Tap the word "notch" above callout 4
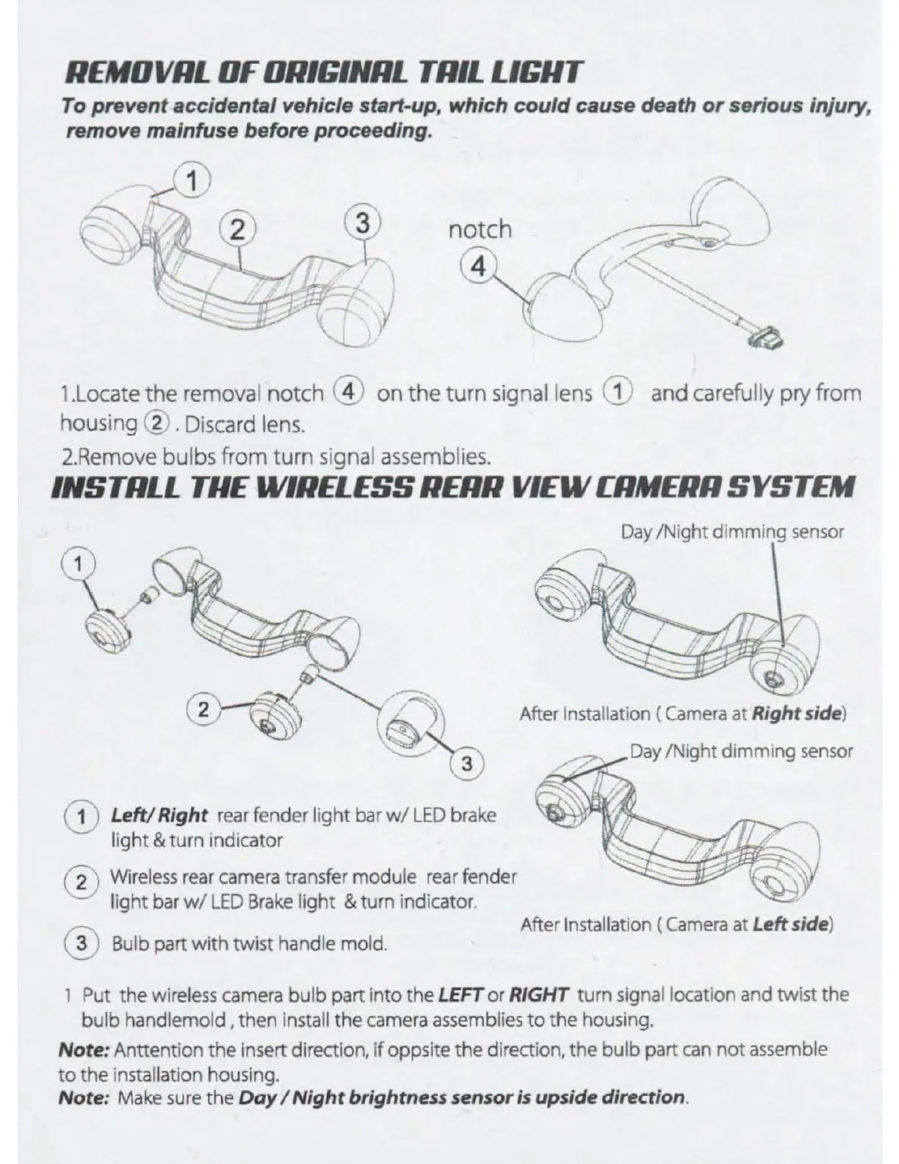[x=480, y=229]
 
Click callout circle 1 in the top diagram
[x=192, y=180]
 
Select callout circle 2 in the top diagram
[x=237, y=230]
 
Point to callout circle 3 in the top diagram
[x=362, y=223]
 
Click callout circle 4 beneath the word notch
[x=478, y=267]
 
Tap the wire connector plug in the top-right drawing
[x=764, y=339]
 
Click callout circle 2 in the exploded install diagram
[x=204, y=709]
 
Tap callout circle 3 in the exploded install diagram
[x=466, y=764]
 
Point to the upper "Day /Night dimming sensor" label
[x=732, y=532]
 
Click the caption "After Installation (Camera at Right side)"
[x=683, y=713]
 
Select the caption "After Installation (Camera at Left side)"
[x=676, y=924]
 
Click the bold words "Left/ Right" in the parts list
[x=159, y=815]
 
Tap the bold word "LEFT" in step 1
[x=460, y=996]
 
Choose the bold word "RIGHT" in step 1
[x=538, y=996]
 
